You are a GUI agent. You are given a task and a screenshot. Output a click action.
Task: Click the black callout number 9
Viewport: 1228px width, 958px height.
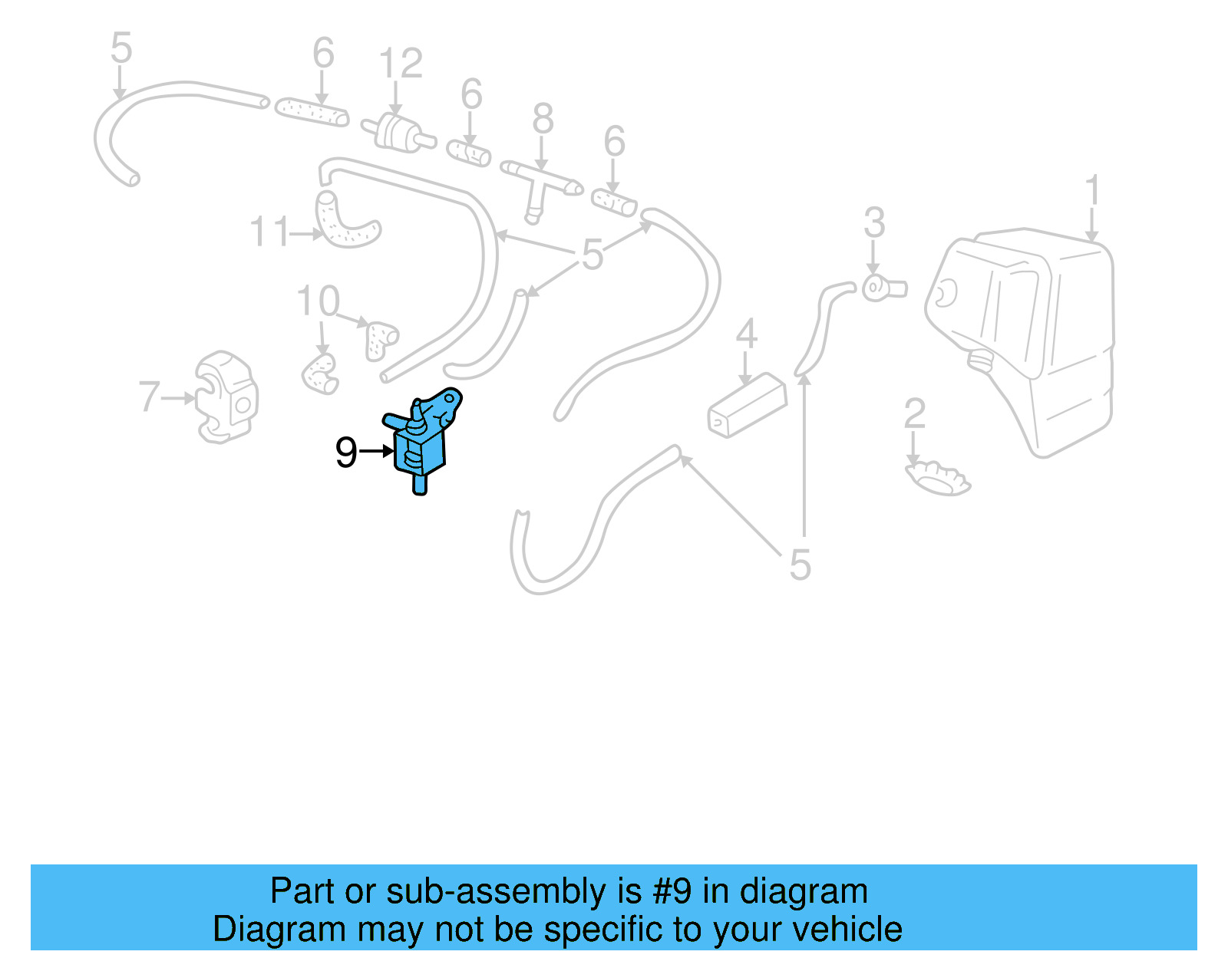coord(346,453)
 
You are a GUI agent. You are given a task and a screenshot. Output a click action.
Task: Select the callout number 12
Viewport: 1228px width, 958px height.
coord(401,64)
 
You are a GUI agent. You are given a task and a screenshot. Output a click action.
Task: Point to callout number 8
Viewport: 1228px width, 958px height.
coord(543,119)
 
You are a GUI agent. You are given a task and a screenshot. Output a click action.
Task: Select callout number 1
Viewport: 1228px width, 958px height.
coord(1093,190)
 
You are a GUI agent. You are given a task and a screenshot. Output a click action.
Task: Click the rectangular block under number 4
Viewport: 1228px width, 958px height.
coord(746,407)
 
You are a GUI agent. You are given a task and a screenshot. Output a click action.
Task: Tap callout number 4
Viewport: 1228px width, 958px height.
coord(746,334)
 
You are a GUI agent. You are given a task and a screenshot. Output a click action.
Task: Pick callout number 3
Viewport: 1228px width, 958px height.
coord(874,222)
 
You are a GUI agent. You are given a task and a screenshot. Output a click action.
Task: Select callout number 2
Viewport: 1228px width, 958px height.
coord(914,413)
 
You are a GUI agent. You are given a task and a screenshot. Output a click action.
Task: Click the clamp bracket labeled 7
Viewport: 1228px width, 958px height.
coord(226,397)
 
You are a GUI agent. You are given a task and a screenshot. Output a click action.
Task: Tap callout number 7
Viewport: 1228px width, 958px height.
coord(149,397)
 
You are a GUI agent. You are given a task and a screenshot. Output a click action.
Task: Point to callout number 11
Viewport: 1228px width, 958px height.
coord(270,232)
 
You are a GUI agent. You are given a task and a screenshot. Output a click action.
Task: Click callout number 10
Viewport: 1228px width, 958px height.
coord(318,301)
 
